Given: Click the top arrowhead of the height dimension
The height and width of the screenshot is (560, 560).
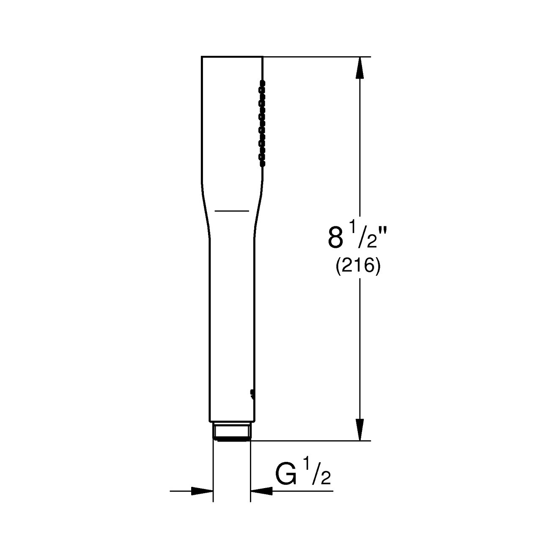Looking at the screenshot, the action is [360, 67].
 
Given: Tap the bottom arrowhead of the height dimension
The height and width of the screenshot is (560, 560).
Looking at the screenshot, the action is [360, 430].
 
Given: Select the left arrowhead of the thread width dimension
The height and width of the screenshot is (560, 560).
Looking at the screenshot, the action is [202, 491].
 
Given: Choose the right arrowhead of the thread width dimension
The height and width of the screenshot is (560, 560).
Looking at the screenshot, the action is [261, 491].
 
